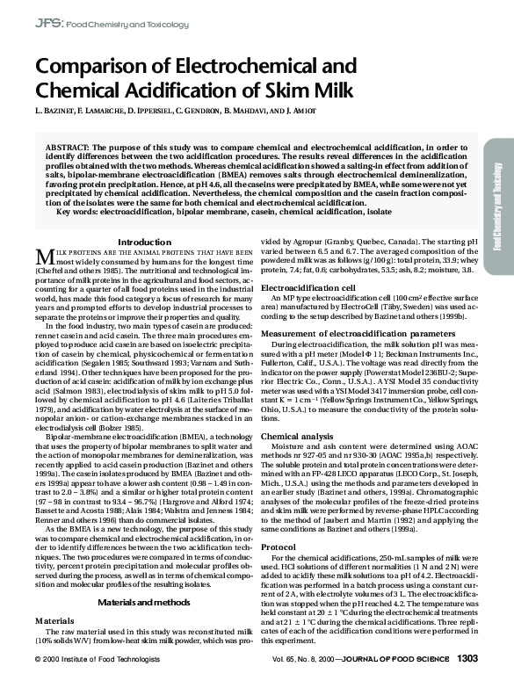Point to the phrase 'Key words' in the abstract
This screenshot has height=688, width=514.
76,212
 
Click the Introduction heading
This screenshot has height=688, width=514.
144,242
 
